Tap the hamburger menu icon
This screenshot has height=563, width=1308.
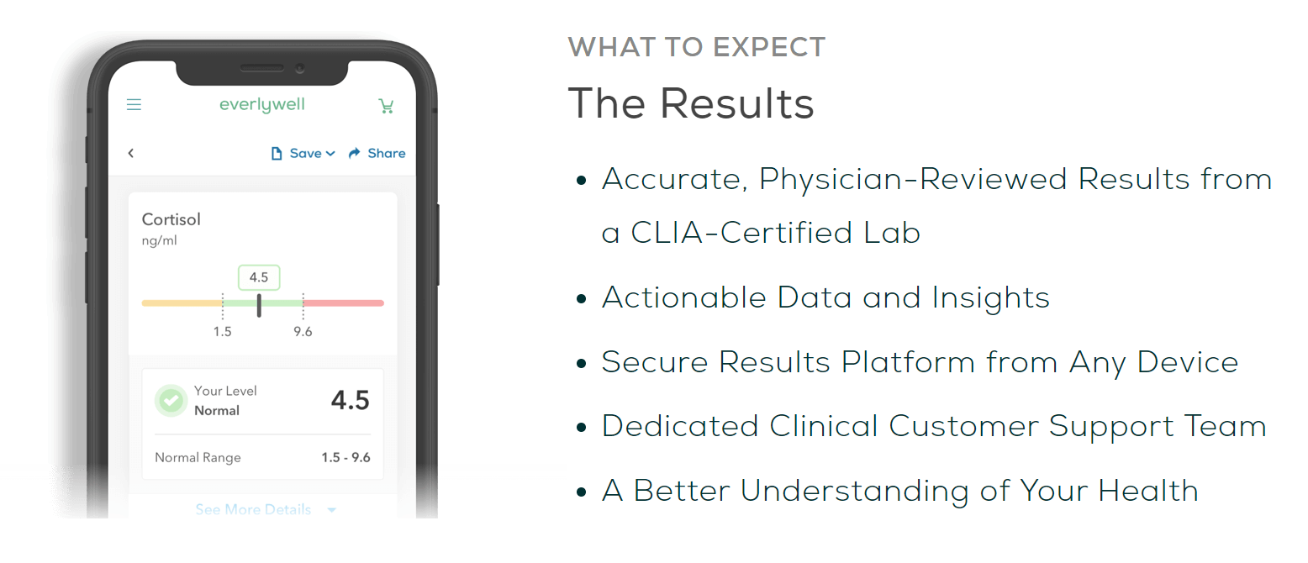tap(134, 104)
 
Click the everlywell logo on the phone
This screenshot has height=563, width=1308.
tap(262, 105)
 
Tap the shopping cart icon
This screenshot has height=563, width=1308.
tap(386, 106)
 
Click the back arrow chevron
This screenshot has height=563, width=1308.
tap(131, 153)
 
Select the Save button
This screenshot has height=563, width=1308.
tap(303, 154)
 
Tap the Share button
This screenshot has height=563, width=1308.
tap(377, 154)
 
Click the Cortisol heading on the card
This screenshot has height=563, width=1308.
tap(171, 219)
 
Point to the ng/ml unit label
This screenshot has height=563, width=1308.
tap(159, 240)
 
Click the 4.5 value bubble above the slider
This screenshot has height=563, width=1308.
tap(259, 277)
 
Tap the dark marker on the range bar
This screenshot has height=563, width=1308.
tap(259, 306)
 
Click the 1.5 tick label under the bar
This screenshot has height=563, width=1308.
tap(222, 332)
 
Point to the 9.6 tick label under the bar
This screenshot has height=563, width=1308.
tap(303, 332)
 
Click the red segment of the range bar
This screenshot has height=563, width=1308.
tap(343, 303)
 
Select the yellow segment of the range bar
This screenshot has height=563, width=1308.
tap(182, 303)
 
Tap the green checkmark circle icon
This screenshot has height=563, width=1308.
tap(171, 400)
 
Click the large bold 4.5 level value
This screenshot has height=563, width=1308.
tap(351, 400)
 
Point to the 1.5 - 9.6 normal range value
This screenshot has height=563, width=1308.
tap(345, 457)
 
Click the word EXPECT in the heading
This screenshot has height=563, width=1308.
tap(769, 47)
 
